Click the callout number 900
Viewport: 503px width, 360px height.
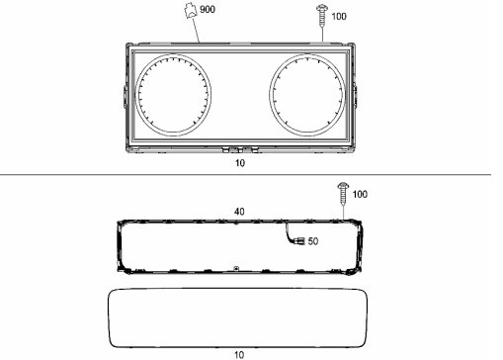(x=208, y=9)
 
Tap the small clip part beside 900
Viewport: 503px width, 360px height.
(x=191, y=11)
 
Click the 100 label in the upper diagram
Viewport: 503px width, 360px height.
(x=339, y=17)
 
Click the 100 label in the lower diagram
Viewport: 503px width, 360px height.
(x=360, y=194)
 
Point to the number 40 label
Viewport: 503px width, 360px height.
(x=239, y=212)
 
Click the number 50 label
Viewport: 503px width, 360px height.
(x=313, y=241)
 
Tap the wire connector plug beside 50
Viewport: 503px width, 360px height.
(x=300, y=241)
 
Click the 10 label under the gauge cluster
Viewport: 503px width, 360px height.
(x=240, y=163)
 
